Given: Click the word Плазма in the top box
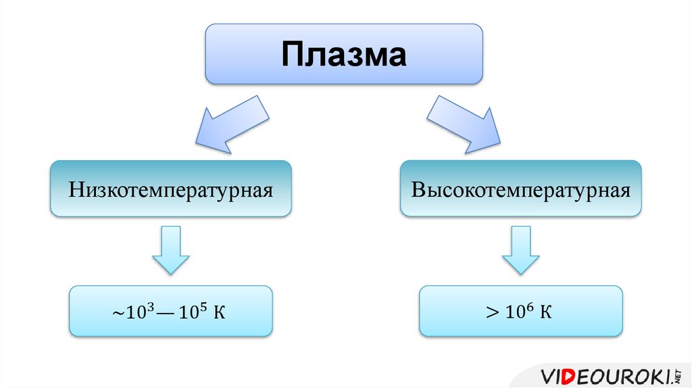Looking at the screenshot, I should click(x=344, y=55).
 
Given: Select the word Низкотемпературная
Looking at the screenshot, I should click(x=170, y=189).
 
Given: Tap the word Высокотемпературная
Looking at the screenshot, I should click(x=520, y=189).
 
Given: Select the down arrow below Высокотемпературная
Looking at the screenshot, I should click(x=520, y=250).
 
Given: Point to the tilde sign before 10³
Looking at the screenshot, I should click(x=116, y=313).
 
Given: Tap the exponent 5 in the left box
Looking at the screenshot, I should click(x=201, y=308).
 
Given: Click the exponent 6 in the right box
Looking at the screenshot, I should click(x=533, y=308).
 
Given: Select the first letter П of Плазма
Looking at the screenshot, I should click(x=293, y=55).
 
